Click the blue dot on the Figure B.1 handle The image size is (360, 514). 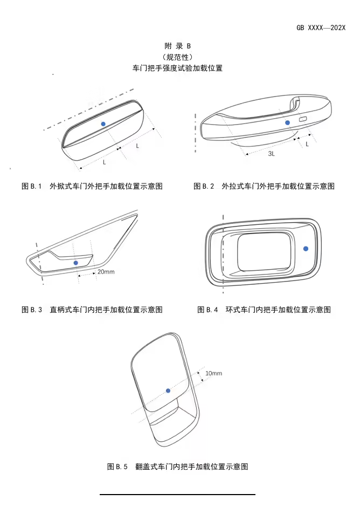103,124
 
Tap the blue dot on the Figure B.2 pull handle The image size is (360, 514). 287,123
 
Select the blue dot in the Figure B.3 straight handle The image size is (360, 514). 75,263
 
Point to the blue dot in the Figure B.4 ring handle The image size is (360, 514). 306,248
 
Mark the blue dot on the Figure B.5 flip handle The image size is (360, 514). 168,390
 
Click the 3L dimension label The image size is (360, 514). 272,154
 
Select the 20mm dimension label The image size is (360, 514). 106,272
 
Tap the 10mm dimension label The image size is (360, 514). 213,373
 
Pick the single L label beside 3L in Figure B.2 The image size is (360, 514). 307,144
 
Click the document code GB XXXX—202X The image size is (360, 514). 321,27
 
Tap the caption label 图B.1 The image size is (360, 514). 32,186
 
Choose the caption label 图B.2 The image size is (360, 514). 204,186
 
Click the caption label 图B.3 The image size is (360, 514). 32,310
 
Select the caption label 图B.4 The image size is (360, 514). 208,310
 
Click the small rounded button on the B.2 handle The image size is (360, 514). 303,119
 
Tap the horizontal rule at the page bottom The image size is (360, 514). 177,494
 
